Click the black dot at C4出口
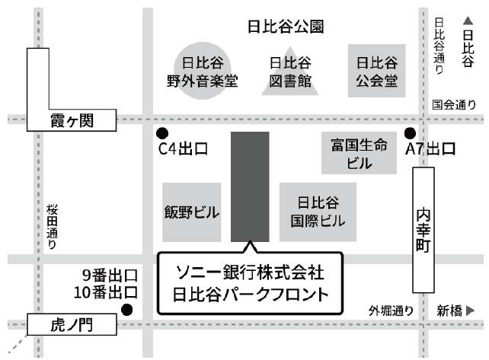click(162, 132)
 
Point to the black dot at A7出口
click(411, 132)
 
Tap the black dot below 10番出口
click(127, 309)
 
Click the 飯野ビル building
click(191, 212)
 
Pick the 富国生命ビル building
click(360, 153)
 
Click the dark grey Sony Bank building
click(250, 186)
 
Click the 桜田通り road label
click(51, 227)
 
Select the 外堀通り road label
click(391, 310)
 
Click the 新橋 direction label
click(456, 310)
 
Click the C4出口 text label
click(183, 149)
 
